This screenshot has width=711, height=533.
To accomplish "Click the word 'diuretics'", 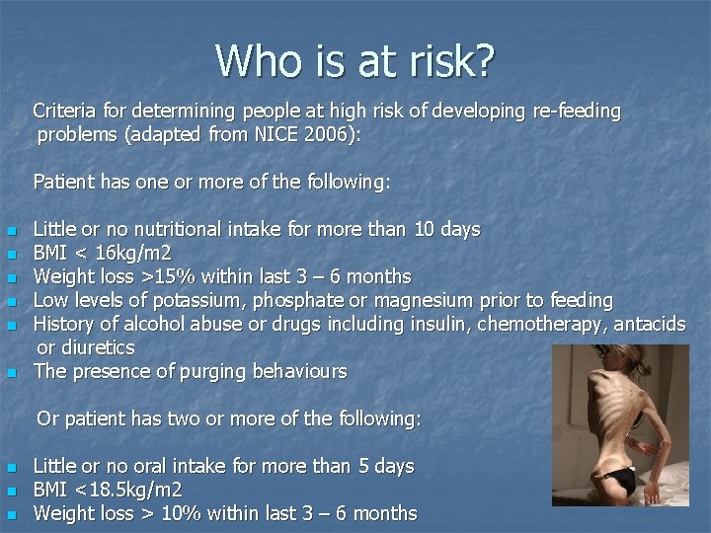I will point(99,347).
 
